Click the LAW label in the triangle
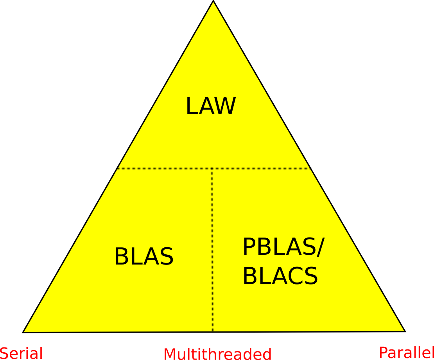[x=210, y=106]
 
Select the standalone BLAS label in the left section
[x=143, y=257]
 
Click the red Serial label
[x=21, y=353]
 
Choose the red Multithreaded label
[x=217, y=354]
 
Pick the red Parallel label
[x=406, y=353]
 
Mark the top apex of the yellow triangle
[x=213, y=1]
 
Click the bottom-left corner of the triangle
[x=23, y=332]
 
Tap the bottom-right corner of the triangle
[x=405, y=331]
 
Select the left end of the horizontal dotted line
[x=117, y=168]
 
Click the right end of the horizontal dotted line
[x=311, y=168]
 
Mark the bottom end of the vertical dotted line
[x=212, y=331]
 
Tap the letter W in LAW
[x=224, y=106]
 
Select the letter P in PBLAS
[x=249, y=247]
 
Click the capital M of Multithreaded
[x=170, y=354]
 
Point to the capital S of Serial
[x=4, y=353]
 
